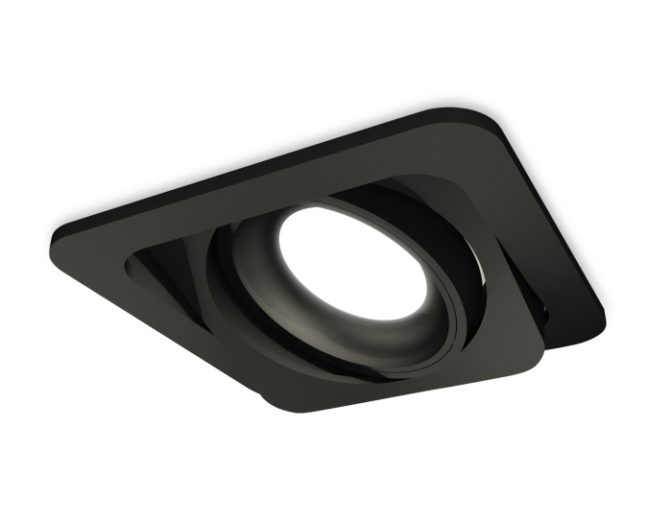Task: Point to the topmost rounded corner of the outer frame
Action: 458,112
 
